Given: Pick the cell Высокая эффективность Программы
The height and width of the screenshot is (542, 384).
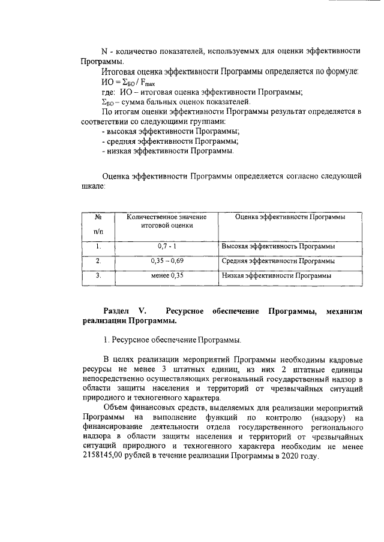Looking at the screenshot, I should [x=278, y=246].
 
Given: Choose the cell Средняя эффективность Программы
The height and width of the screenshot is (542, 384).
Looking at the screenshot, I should [x=278, y=261].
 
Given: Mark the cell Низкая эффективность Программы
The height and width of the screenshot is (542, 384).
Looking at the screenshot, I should [x=276, y=276].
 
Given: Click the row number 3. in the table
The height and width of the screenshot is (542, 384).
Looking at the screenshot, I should [x=98, y=276].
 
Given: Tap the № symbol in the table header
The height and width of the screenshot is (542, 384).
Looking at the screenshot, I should [x=98, y=217].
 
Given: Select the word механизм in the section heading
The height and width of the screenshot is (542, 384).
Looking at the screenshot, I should [x=341, y=311].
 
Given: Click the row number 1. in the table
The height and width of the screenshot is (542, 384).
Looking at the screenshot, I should [x=98, y=246].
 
